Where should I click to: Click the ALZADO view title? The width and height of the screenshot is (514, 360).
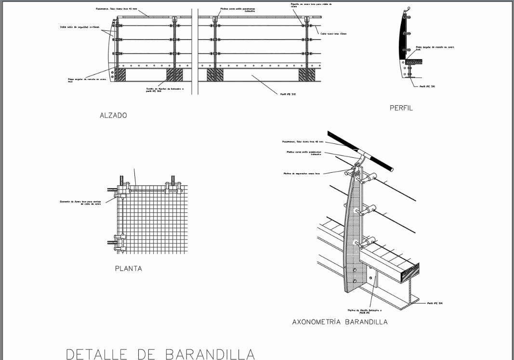[113, 116]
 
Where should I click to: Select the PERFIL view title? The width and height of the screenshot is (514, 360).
[401, 108]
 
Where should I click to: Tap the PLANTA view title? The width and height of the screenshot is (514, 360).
[128, 269]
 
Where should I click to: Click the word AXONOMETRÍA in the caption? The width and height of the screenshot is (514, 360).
[316, 322]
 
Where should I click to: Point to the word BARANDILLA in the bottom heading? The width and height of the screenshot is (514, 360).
[210, 354]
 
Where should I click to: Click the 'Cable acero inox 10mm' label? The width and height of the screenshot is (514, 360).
[333, 34]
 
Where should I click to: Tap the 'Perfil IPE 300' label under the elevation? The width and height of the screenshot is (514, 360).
[288, 94]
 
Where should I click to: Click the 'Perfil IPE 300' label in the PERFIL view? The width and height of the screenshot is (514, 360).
[427, 86]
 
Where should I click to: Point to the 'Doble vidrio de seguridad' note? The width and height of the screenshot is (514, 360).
[79, 27]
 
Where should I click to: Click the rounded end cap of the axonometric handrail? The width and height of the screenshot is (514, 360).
[391, 169]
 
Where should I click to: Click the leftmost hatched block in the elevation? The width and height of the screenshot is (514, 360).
[119, 75]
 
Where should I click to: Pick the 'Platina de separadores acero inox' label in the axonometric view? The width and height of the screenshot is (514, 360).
[302, 173]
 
